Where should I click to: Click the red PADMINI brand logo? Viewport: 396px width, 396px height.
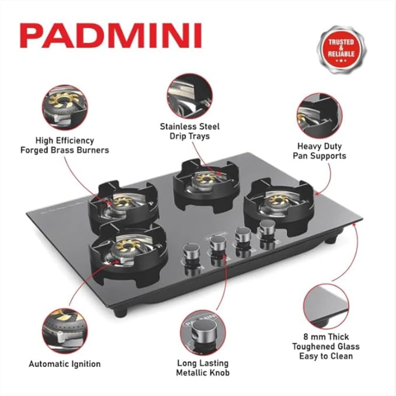[111, 36]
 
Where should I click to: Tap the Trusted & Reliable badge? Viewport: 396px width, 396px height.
[341, 50]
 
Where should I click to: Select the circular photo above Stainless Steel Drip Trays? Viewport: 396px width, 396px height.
[190, 96]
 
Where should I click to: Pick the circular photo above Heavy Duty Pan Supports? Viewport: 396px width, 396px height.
[319, 116]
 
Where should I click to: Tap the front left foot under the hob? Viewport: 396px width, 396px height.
[121, 313]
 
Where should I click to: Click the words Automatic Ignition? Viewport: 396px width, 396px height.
[65, 364]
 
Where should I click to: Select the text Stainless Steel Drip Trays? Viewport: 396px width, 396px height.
[190, 131]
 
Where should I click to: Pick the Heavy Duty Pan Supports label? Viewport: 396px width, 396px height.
[319, 151]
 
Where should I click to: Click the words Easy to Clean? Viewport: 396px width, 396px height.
[326, 356]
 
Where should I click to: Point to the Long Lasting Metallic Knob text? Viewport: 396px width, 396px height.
[203, 368]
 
